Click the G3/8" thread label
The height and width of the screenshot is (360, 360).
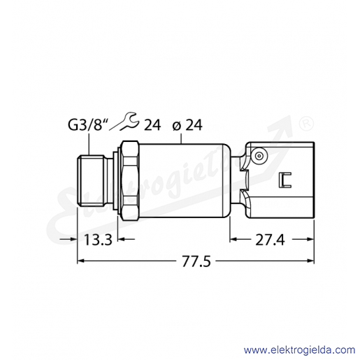click(x=85, y=125)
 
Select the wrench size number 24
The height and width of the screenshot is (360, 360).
click(x=152, y=125)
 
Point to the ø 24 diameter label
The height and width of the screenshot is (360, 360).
click(x=187, y=125)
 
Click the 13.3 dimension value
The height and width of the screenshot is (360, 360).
click(x=98, y=240)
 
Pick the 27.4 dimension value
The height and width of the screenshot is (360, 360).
click(x=270, y=240)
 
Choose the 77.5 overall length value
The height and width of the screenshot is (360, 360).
click(x=196, y=261)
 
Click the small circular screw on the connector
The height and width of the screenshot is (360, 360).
click(x=259, y=156)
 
